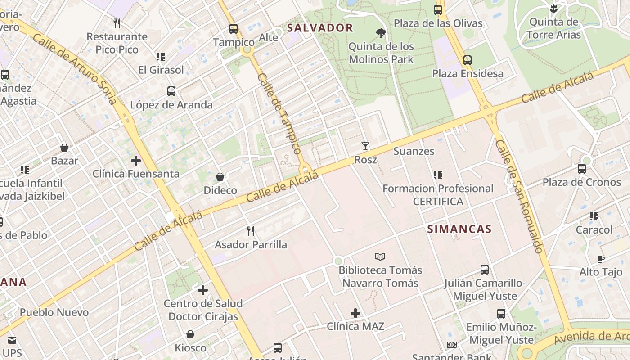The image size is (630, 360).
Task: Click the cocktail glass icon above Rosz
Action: click(x=365, y=146)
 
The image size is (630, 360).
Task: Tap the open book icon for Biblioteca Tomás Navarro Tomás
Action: click(x=380, y=256)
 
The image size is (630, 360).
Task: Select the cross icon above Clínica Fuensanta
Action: click(x=135, y=160)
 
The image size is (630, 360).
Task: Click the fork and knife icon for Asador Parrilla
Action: click(x=251, y=231)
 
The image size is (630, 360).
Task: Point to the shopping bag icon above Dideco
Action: click(x=220, y=177)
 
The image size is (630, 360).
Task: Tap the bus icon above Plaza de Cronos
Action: click(x=582, y=169)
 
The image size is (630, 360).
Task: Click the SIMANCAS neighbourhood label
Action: click(x=459, y=229)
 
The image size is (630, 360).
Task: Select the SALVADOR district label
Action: click(x=320, y=28)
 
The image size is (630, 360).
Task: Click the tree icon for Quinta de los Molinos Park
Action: click(x=381, y=33)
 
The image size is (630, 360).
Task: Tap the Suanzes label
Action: click(x=414, y=151)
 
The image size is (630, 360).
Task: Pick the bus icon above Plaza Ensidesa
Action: click(x=468, y=60)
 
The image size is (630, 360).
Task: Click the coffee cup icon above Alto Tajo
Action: click(x=600, y=259)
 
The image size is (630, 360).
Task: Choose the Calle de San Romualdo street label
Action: click(x=519, y=196)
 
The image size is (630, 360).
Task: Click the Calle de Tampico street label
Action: click(x=279, y=113)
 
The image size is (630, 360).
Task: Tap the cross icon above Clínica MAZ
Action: click(x=355, y=313)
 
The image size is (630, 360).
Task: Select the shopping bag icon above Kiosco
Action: click(x=190, y=334)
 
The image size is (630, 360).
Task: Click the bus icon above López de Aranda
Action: click(x=171, y=91)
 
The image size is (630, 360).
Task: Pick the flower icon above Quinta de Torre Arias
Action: click(x=553, y=8)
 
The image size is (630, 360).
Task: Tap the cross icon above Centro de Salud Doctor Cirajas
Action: click(x=203, y=290)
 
